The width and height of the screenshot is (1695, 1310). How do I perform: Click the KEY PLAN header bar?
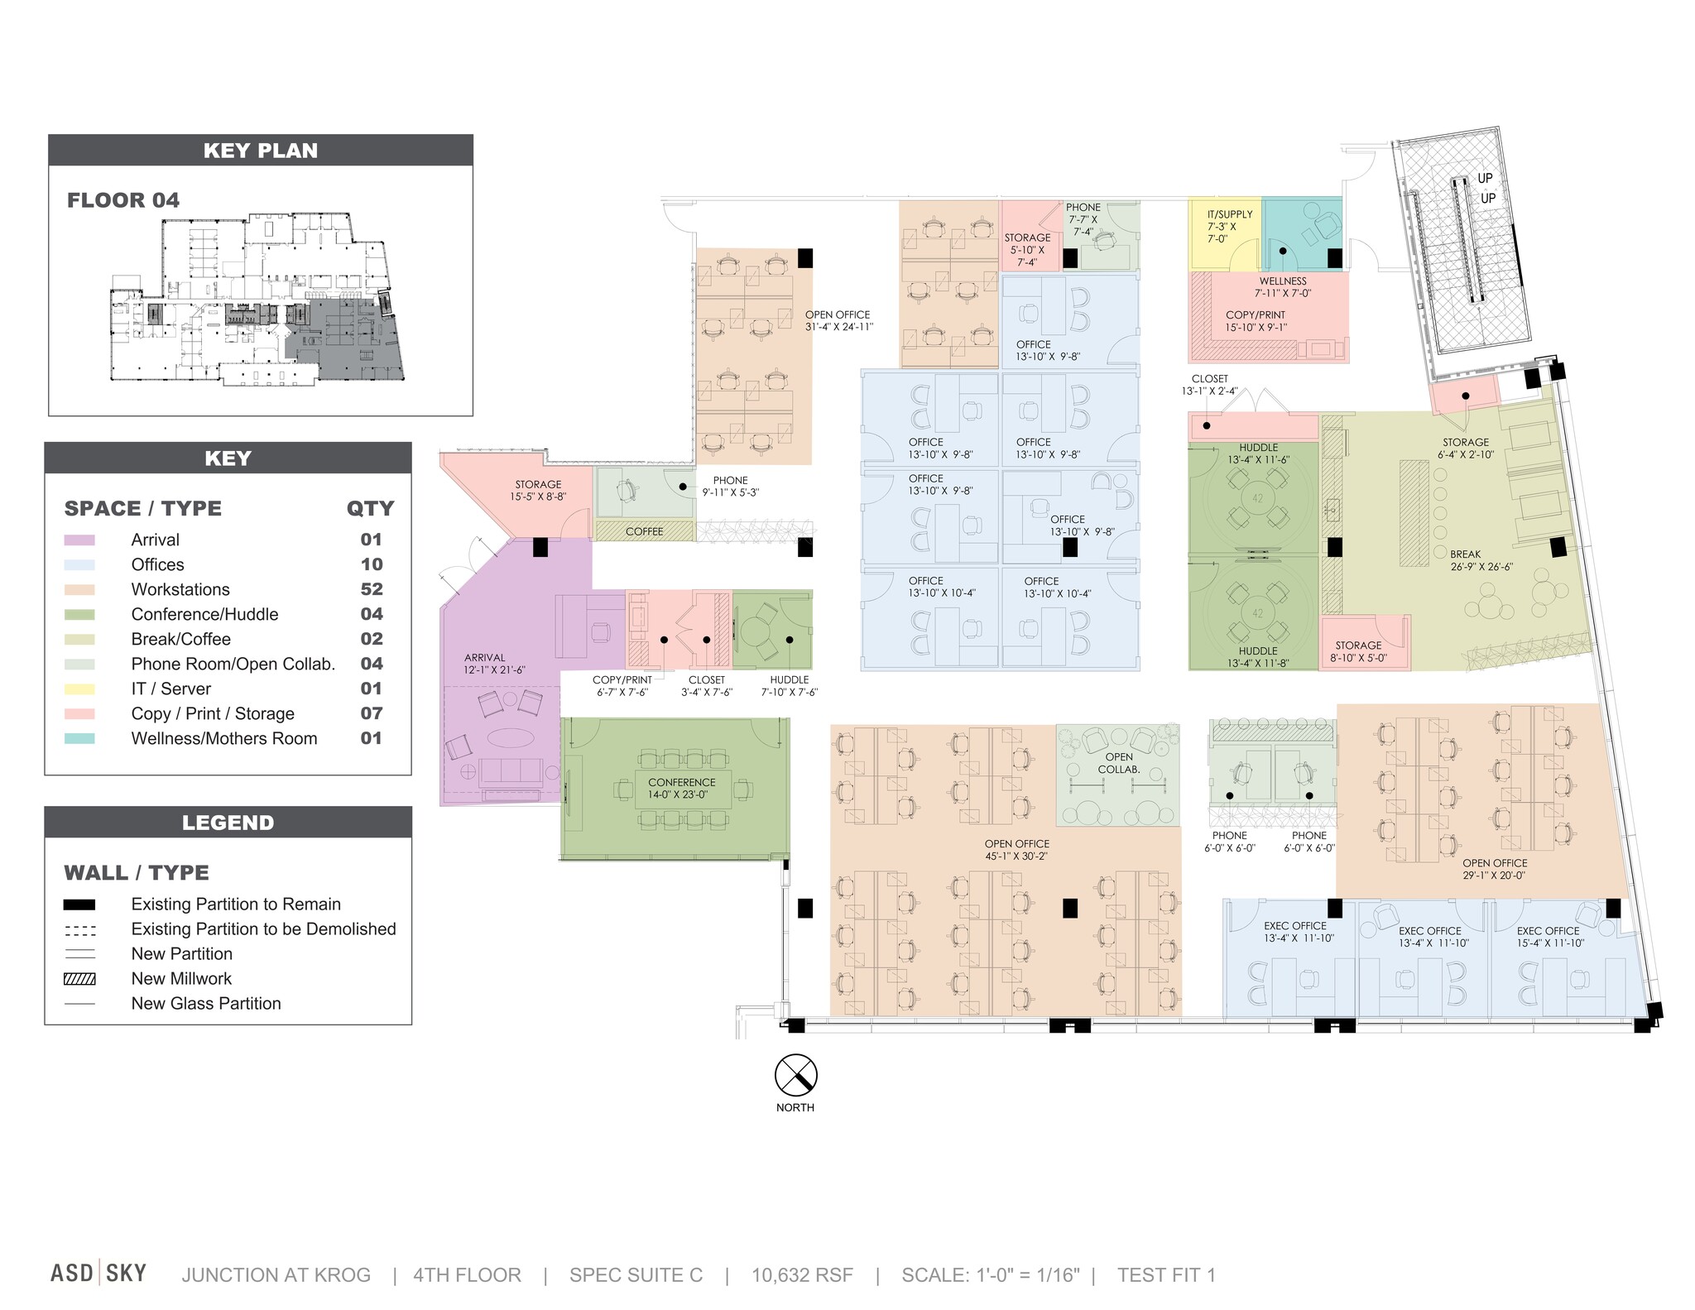(x=260, y=151)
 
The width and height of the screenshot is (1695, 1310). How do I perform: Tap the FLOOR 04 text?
(x=123, y=200)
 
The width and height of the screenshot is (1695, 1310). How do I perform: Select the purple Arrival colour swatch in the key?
(x=79, y=540)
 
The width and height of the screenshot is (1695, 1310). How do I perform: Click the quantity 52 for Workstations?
(x=371, y=589)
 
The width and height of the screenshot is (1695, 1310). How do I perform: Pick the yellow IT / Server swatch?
(x=79, y=689)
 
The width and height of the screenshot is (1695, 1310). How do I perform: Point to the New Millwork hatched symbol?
(x=79, y=979)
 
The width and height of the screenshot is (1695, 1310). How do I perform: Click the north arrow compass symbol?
(x=795, y=1075)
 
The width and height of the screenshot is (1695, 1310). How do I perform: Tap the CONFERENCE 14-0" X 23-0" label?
(x=682, y=788)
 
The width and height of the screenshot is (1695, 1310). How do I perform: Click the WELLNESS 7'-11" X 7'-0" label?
(x=1283, y=287)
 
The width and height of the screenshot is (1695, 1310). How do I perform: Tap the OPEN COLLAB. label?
(x=1119, y=763)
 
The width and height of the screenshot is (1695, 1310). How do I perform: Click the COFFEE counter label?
(x=644, y=531)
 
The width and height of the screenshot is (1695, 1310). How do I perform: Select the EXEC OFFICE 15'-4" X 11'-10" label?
(x=1549, y=937)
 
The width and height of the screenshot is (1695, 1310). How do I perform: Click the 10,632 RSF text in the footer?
(x=801, y=1275)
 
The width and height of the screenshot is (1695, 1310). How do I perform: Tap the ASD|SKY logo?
(x=98, y=1273)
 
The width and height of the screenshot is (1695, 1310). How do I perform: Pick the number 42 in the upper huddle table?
(x=1258, y=498)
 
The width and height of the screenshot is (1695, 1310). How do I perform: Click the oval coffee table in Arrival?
(x=510, y=737)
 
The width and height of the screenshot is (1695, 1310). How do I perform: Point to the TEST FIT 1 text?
(x=1166, y=1275)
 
